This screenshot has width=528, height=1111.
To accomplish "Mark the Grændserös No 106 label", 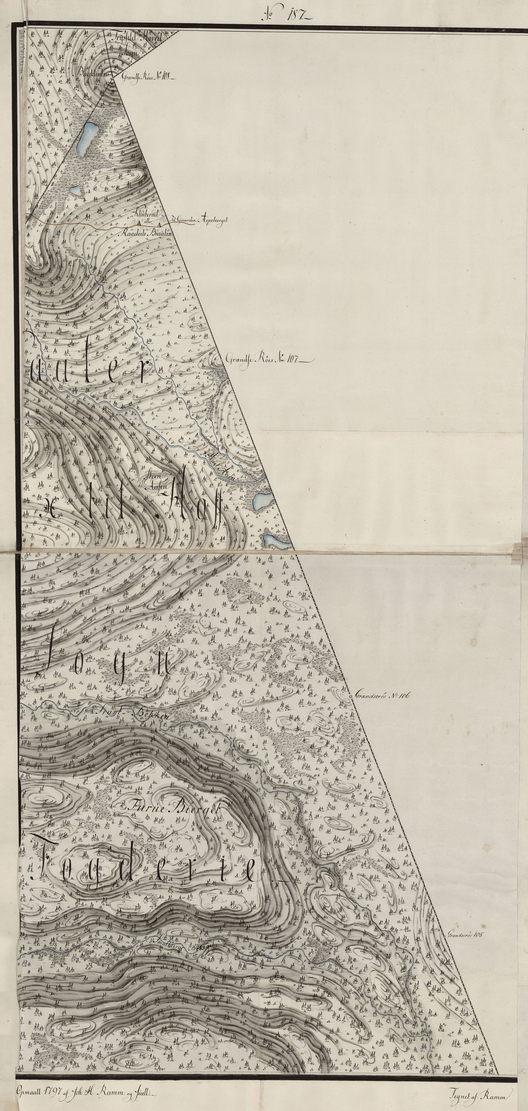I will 382,696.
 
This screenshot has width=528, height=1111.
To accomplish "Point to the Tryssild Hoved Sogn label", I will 136,43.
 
